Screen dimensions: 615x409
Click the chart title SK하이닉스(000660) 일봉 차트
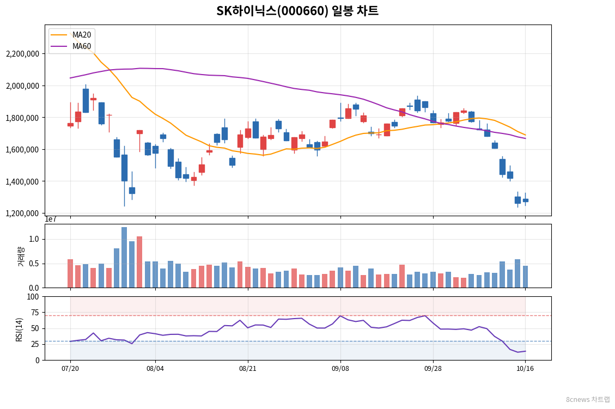pos(297,10)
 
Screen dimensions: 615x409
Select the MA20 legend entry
pos(71,35)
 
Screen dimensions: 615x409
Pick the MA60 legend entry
pos(71,46)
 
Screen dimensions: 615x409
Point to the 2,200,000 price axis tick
pos(23,54)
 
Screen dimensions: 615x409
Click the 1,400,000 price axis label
pos(23,181)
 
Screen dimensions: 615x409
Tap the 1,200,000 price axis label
pos(23,213)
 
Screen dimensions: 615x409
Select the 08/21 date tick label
pos(248,369)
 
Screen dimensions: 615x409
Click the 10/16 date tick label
pos(525,369)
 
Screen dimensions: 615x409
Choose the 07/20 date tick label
pos(70,369)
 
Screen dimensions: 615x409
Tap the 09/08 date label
pos(340,369)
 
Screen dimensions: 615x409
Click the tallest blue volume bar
pos(124,257)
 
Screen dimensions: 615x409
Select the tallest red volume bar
pos(139,262)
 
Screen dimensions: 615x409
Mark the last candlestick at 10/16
pos(526,200)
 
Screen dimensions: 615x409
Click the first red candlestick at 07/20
pos(71,125)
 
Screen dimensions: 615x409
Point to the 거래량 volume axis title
pos(21,257)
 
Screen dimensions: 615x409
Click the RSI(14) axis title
pos(19,329)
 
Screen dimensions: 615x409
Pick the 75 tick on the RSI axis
pos(35,313)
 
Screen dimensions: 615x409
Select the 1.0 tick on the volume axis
pos(34,239)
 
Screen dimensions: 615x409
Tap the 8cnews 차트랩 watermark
pos(588,400)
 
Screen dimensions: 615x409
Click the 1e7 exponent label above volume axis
pos(51,219)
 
